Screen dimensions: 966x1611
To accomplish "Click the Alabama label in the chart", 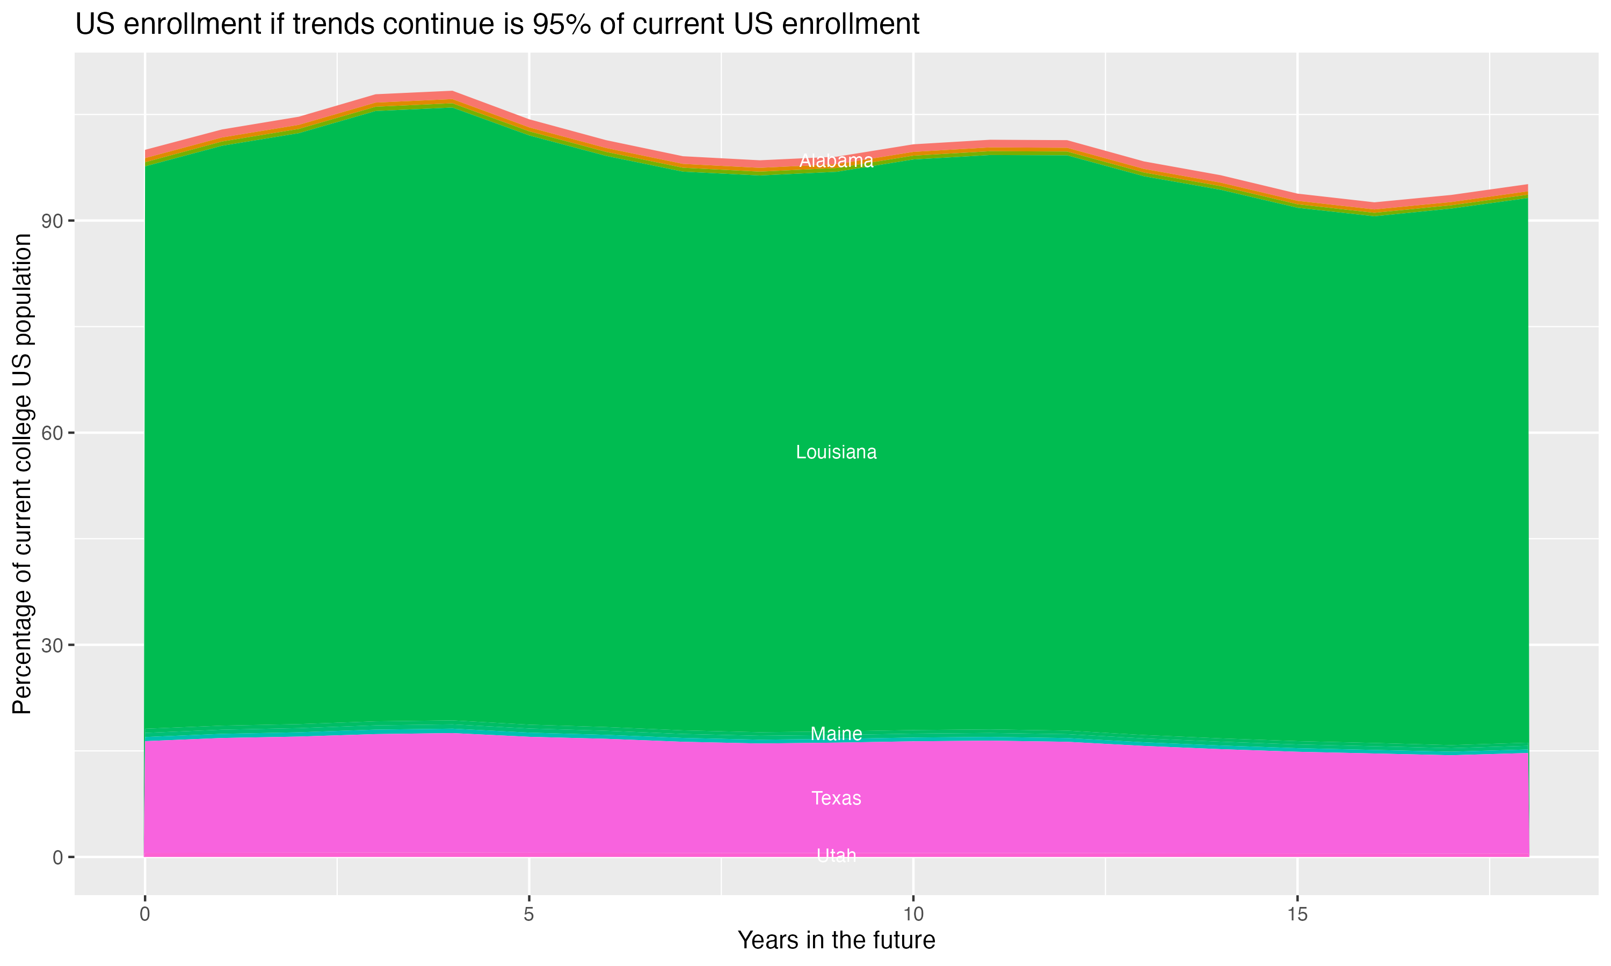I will click(836, 161).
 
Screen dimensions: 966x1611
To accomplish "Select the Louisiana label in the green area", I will click(836, 452).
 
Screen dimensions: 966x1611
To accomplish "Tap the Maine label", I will click(836, 734).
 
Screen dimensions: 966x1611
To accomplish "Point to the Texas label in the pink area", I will click(836, 798).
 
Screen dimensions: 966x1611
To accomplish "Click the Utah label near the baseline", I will click(836, 855).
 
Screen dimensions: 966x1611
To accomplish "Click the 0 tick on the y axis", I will click(58, 857).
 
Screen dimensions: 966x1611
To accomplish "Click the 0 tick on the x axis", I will click(144, 914).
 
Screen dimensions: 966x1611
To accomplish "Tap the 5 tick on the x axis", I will click(529, 914).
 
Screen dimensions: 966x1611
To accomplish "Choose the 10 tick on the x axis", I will click(913, 914).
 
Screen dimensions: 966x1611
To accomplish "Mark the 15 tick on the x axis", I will click(1297, 914).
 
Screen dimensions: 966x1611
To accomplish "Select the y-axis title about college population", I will click(22, 474).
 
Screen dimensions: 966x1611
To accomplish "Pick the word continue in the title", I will click(442, 25).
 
